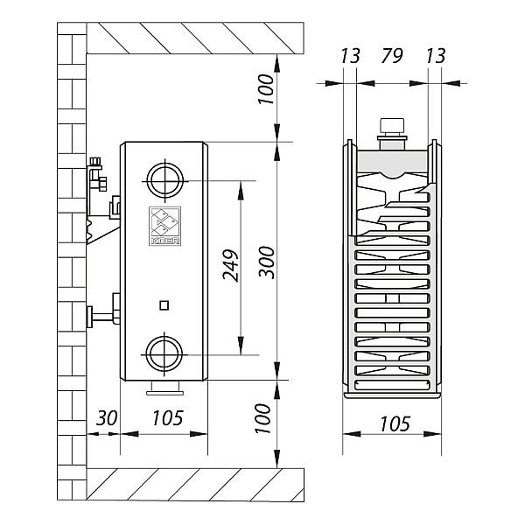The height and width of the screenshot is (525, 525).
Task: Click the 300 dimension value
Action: click(267, 262)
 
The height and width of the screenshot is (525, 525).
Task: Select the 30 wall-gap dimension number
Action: click(106, 418)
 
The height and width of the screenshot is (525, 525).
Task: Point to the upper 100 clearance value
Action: click(267, 91)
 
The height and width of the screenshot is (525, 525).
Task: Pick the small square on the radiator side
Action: click(163, 305)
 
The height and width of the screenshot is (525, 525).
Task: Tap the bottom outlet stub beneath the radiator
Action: click(163, 386)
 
